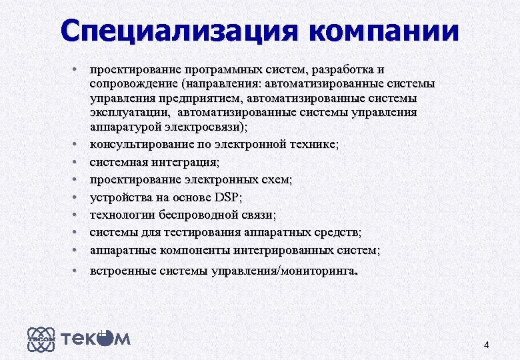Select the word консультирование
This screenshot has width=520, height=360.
coord(134,144)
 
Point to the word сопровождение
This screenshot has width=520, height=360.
coord(133,84)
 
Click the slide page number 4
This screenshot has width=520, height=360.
coord(486,345)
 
